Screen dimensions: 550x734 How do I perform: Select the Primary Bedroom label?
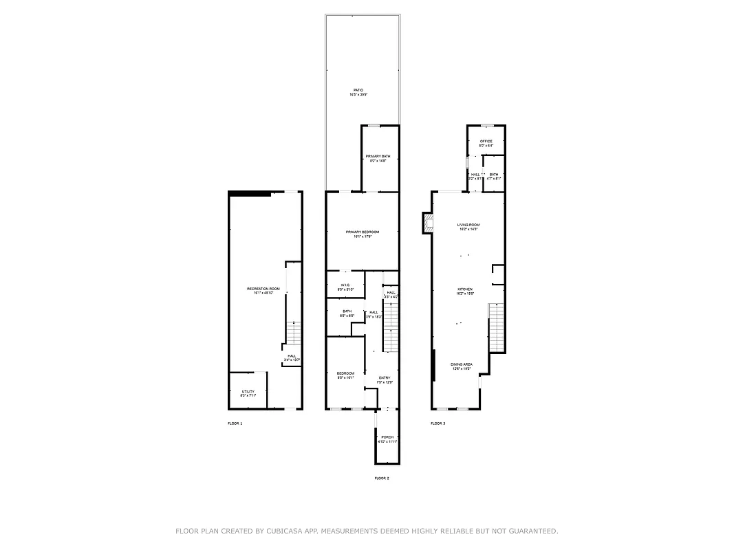coord(362,232)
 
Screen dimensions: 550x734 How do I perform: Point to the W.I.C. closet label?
coord(345,285)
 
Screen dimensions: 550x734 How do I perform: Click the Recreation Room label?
coord(264,289)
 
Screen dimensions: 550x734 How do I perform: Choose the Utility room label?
coord(248,392)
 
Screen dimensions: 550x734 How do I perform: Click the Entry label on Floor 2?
coord(385,378)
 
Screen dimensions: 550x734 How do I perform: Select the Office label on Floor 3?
coord(486,142)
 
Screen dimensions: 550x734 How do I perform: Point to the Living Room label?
coord(468,225)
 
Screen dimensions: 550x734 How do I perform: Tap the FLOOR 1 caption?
coord(235,423)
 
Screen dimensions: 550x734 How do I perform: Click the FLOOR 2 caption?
coord(382,478)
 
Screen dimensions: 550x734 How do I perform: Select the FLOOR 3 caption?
coord(438,423)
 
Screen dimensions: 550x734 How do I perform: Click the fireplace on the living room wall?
coord(427,222)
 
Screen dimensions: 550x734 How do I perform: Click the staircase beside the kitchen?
coord(497,327)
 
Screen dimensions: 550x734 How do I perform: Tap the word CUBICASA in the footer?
coord(282,531)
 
